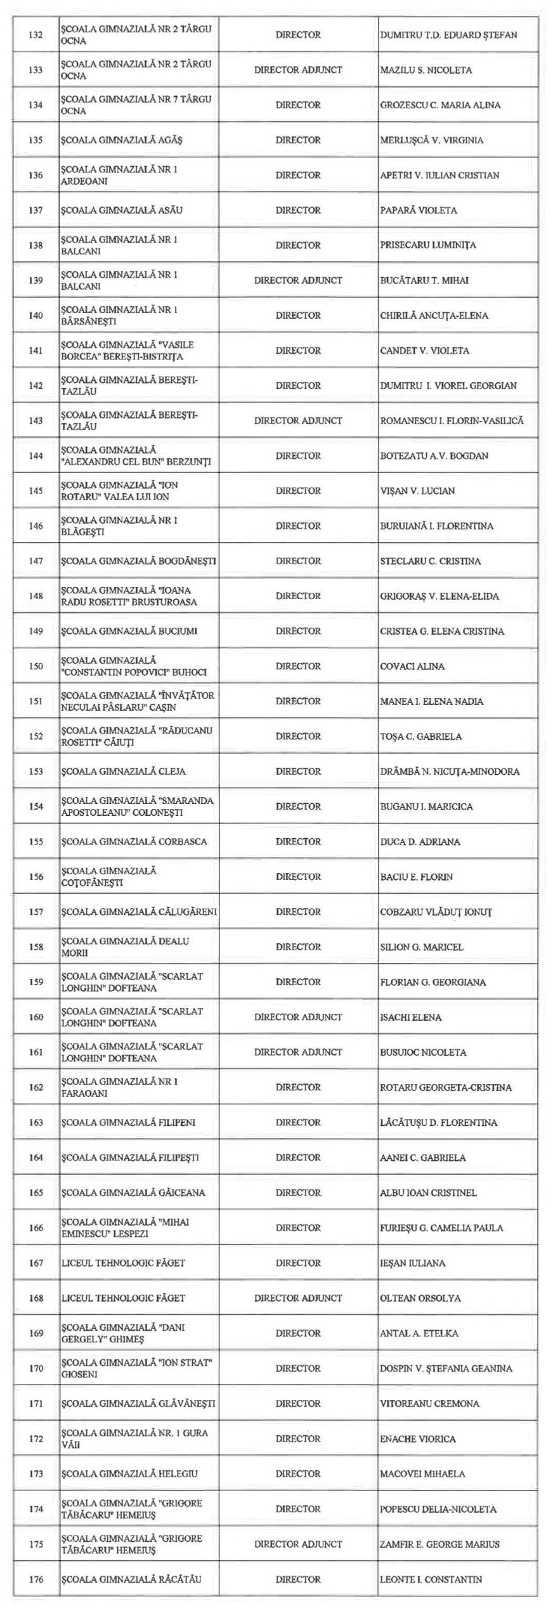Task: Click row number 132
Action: coord(36,35)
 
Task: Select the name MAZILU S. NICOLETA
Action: coord(426,70)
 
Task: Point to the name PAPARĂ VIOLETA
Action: coord(418,210)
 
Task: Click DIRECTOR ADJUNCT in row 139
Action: coord(298,280)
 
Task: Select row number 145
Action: coord(36,491)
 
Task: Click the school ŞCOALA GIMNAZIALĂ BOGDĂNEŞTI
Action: coord(138,561)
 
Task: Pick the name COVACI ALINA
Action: coord(412,666)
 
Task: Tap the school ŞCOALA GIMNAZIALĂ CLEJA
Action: coord(123,772)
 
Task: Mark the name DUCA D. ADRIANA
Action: coord(420,842)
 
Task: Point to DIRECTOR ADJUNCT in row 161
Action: coord(298,1052)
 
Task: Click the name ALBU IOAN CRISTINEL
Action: coord(428,1193)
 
